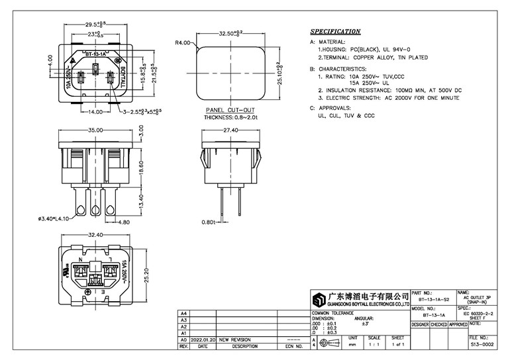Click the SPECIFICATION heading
335,31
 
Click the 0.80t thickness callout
207,222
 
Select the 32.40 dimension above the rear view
93,234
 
